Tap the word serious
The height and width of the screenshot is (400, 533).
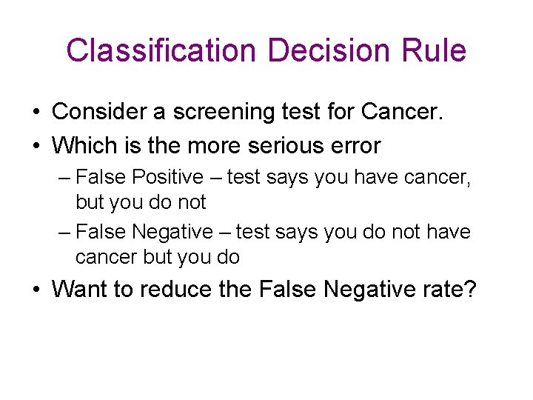coord(292,145)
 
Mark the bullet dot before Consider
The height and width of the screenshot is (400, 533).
coord(36,113)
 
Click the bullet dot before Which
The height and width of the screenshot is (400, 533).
coord(36,146)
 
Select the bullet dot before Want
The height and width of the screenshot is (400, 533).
coord(36,289)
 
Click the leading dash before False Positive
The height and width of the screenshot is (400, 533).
coord(64,178)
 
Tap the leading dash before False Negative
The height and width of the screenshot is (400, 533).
coord(64,233)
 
